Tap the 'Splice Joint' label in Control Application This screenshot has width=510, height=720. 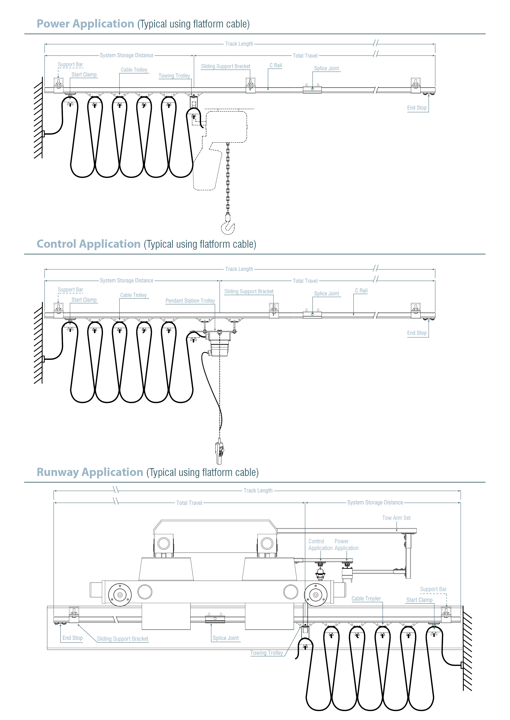click(326, 294)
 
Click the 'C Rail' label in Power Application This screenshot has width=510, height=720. click(275, 65)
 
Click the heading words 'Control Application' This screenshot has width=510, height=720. click(89, 244)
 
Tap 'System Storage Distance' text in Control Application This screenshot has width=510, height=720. click(127, 281)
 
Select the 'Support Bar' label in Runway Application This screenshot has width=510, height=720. click(433, 589)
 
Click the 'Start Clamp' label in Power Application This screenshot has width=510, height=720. click(84, 75)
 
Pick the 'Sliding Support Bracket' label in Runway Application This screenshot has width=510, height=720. click(123, 639)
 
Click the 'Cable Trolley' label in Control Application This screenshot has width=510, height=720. click(133, 295)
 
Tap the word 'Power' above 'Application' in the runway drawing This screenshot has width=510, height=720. click(341, 541)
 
